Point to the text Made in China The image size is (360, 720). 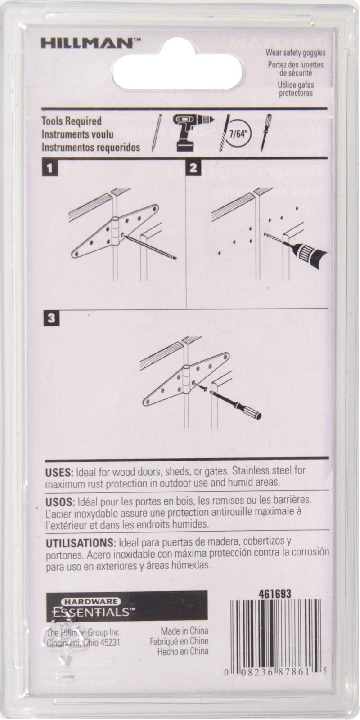tap(179, 632)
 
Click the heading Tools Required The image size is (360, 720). tap(71, 121)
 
